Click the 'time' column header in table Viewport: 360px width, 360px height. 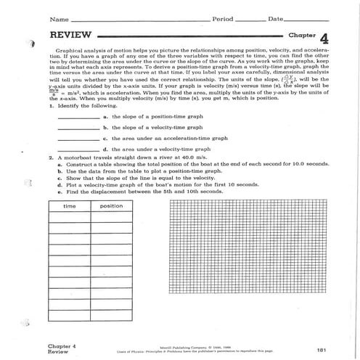[x=70, y=206]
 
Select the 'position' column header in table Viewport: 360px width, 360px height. [x=111, y=206]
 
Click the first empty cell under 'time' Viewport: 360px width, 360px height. [x=70, y=218]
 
